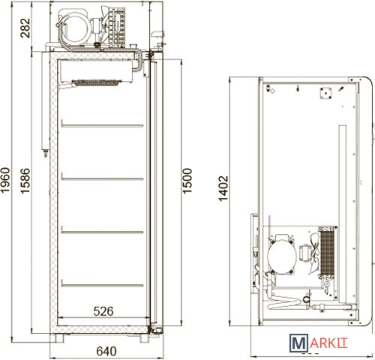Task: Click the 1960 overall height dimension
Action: click(5, 180)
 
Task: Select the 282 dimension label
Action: click(25, 28)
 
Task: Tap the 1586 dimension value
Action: click(25, 181)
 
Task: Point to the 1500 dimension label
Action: click(187, 181)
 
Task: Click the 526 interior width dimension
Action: click(103, 311)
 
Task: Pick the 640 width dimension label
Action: click(106, 351)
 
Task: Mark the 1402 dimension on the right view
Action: click(223, 188)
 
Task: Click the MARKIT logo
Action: click(319, 343)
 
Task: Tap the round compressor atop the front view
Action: click(74, 28)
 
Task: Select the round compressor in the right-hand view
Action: click(282, 256)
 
